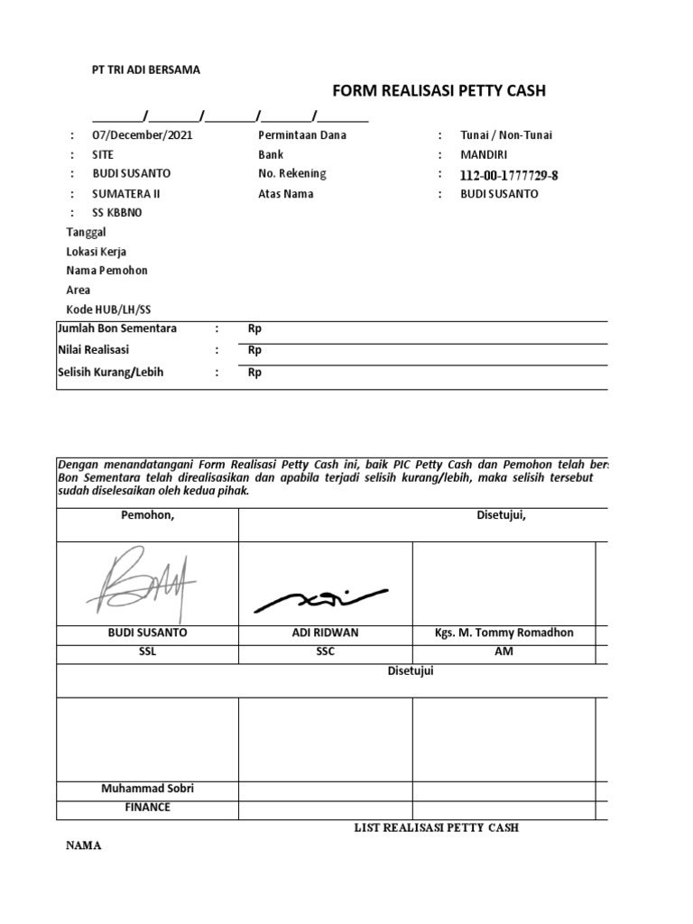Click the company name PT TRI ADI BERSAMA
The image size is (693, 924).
(x=147, y=69)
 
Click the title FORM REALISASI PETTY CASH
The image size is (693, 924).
(x=439, y=90)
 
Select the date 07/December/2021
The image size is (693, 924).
(x=143, y=135)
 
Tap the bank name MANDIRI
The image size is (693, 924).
(x=486, y=154)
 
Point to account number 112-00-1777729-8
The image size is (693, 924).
(x=509, y=175)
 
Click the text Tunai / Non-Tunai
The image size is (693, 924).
(x=506, y=135)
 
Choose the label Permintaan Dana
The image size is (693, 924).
(x=302, y=135)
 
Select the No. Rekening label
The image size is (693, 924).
(x=292, y=173)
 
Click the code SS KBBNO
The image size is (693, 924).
(x=117, y=213)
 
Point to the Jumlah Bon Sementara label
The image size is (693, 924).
(x=117, y=328)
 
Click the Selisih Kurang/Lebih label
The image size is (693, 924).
(x=111, y=373)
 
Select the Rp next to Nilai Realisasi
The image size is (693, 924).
(x=254, y=351)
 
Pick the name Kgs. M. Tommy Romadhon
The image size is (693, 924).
(x=504, y=633)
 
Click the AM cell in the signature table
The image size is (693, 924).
(x=504, y=651)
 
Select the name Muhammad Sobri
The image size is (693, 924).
(x=147, y=789)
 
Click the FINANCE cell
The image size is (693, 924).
(x=147, y=808)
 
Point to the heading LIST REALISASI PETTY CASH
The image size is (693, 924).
(x=436, y=827)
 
